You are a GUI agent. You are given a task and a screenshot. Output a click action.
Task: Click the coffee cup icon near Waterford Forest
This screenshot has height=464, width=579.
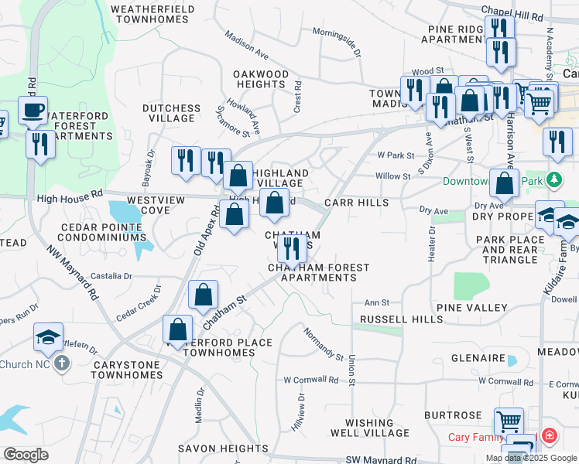pos(33,111)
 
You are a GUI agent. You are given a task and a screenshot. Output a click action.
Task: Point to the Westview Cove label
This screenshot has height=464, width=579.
pos(156,205)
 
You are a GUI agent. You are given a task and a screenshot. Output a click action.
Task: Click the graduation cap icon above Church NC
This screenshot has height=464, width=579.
pos(47,337)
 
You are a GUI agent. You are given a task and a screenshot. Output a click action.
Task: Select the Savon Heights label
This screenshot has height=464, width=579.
pos(222,449)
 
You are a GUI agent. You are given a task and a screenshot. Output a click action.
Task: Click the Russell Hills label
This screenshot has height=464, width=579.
pos(390,319)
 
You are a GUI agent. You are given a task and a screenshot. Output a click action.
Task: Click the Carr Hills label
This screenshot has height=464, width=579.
pos(355,202)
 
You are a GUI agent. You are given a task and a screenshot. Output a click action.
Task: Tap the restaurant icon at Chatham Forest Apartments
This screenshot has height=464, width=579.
pos(291,248)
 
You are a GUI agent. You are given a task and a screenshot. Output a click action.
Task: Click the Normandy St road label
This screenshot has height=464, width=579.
pos(323,345)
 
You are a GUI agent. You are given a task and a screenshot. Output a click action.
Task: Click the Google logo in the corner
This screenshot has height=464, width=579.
pos(26,455)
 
